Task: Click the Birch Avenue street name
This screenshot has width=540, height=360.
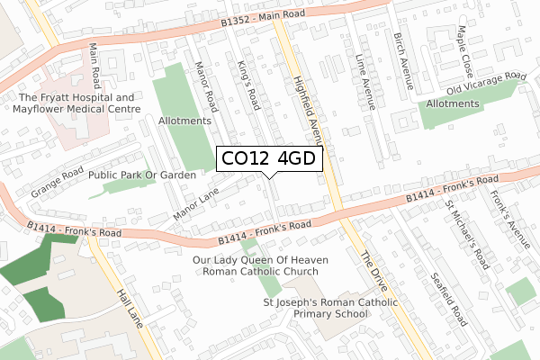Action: point(402,61)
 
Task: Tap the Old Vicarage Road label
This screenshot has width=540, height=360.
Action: point(486,83)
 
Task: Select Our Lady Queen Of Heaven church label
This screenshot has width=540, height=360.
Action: point(261,265)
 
